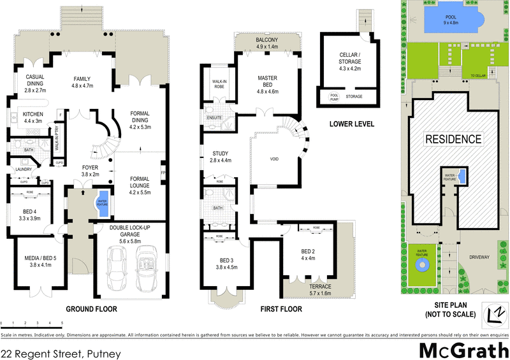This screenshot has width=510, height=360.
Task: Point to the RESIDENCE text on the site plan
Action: [x=453, y=138]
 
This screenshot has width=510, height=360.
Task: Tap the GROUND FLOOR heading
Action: [x=91, y=309]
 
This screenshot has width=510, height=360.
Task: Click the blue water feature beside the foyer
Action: [x=102, y=201]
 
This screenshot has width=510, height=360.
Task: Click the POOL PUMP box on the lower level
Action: [x=334, y=97]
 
